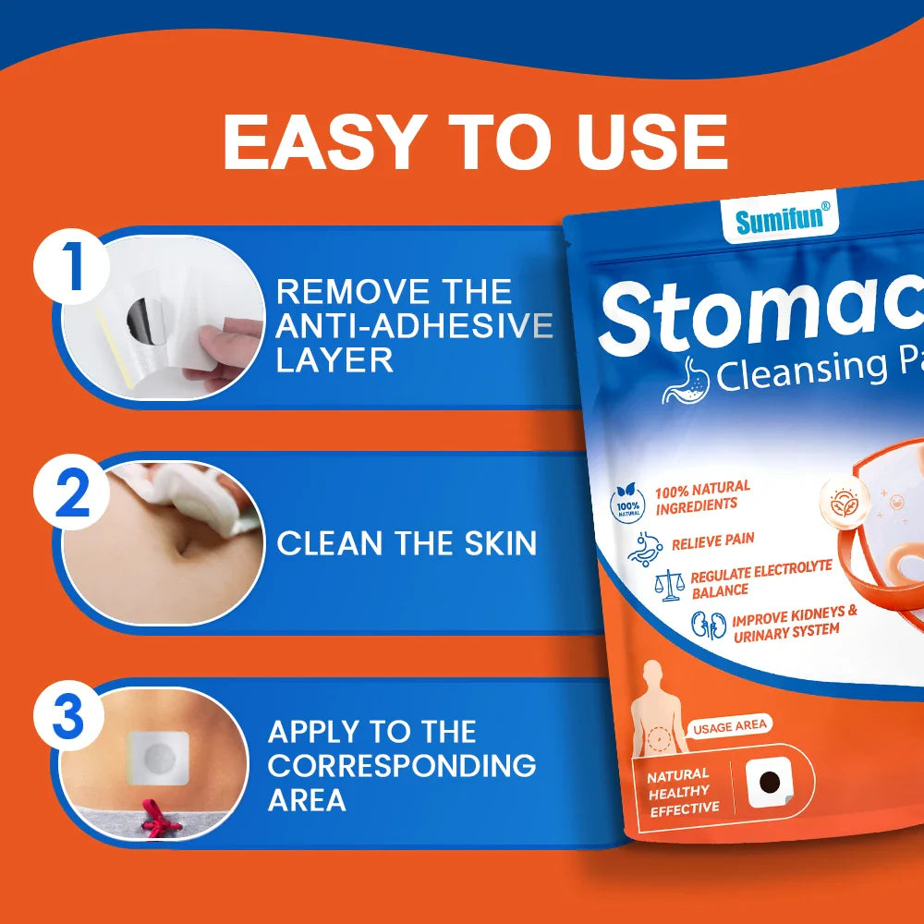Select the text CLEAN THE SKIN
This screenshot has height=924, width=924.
click(407, 543)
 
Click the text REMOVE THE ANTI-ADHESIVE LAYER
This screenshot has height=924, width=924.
click(413, 325)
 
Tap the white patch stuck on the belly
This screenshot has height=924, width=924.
click(158, 759)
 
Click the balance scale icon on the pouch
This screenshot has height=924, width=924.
click(667, 584)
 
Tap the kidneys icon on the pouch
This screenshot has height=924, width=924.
click(710, 626)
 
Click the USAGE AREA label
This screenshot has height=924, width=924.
click(730, 726)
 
